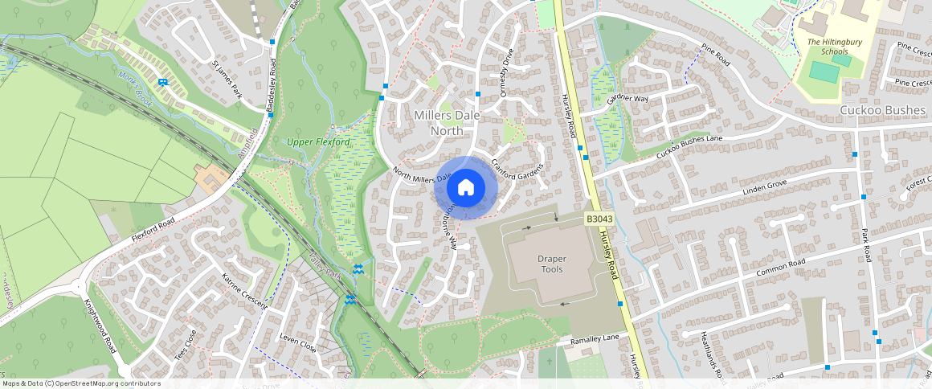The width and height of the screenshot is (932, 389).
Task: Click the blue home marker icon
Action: (x=466, y=188)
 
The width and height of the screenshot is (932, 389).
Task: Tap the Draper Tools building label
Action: (x=551, y=264)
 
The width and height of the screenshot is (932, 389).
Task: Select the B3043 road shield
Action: (x=599, y=219)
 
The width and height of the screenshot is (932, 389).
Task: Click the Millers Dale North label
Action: (x=448, y=123)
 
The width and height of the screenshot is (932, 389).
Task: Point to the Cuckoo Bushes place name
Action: (x=884, y=109)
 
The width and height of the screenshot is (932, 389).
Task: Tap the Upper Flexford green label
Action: (x=319, y=142)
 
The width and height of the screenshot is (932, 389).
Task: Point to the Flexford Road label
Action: (x=153, y=232)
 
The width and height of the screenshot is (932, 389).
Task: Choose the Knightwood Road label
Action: (x=100, y=326)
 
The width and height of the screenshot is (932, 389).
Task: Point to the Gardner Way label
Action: (x=627, y=98)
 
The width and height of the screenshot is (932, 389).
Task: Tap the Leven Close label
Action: (x=297, y=342)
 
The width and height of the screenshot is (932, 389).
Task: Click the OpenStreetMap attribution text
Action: (x=80, y=383)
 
